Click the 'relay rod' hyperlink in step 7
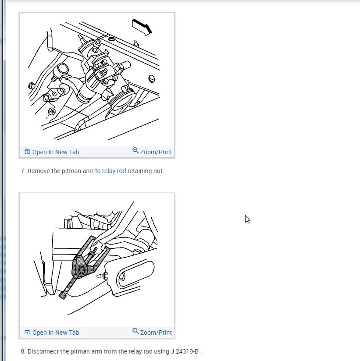pos(114,171)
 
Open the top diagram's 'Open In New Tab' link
pos(56,152)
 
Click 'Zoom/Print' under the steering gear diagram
pos(156,152)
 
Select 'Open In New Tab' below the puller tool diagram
pos(56,333)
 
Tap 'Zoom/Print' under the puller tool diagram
pos(156,333)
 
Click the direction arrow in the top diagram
pos(142,27)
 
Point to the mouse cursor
pos(247,219)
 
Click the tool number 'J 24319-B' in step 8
pos(185,351)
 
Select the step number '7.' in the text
pos(23,171)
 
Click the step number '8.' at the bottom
pos(23,351)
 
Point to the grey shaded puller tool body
pos(81,267)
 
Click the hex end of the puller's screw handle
pos(63,296)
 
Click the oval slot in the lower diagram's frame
pos(135,274)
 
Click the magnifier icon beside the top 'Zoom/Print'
pos(135,151)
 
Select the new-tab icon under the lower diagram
pos(27,332)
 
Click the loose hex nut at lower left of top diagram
pos(52,111)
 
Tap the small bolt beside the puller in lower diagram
pos(103,276)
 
